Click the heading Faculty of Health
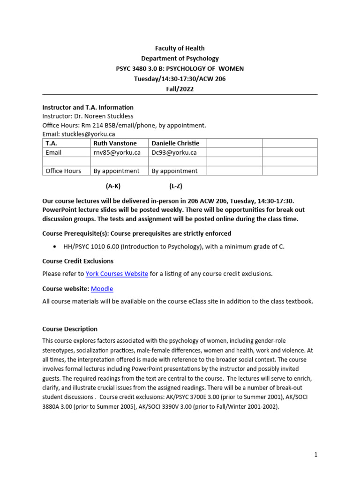[x=180, y=48]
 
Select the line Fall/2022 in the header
[x=180, y=89]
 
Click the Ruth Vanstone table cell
[x=115, y=143]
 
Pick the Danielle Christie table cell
[x=175, y=143]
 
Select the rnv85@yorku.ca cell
[x=117, y=152]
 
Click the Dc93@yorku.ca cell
[x=174, y=152]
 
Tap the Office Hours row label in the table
[x=63, y=171]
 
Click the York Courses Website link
[x=117, y=274]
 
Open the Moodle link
[x=102, y=289]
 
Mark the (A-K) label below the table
[x=113, y=186]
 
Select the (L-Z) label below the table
[x=176, y=186]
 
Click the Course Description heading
[x=70, y=329]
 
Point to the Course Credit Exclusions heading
[x=78, y=261]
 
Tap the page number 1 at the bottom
[x=316, y=454]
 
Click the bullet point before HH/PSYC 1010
[x=56, y=247]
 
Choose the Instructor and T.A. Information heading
[x=88, y=107]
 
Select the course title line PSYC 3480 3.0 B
[x=180, y=68]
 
